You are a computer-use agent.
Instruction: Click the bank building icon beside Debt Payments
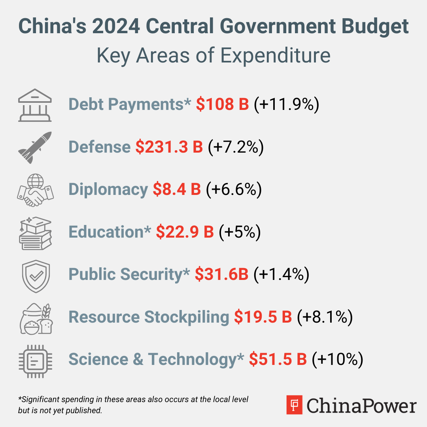tap(35, 105)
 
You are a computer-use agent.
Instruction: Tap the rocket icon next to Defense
tap(35, 147)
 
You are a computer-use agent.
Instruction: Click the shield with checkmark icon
tap(36, 276)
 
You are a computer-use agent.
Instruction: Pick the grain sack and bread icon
tap(36, 318)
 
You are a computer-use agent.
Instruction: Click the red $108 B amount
tap(222, 104)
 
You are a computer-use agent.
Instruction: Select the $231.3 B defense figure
tap(169, 147)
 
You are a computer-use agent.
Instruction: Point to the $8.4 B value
tap(177, 190)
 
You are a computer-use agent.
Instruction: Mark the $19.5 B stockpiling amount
tap(263, 317)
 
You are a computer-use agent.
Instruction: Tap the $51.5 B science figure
tap(278, 359)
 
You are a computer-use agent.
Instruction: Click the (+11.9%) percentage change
tap(286, 105)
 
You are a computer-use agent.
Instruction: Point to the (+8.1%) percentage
tap(324, 317)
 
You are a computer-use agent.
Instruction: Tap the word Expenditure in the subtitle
tap(275, 56)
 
